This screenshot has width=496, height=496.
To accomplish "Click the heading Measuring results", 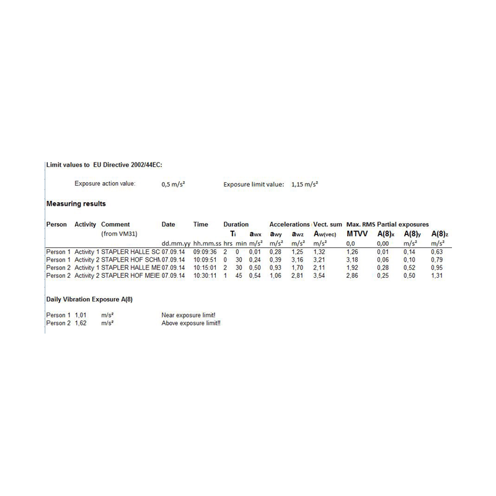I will pyautogui.click(x=76, y=203).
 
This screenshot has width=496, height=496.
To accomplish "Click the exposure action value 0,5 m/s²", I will pyautogui.click(x=175, y=184).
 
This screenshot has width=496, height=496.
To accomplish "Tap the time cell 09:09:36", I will pyautogui.click(x=205, y=252).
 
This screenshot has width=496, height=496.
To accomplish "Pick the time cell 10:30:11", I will pyautogui.click(x=205, y=275).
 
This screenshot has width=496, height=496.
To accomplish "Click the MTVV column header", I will pyautogui.click(x=357, y=234).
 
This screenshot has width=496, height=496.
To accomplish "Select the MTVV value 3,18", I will pyautogui.click(x=352, y=260).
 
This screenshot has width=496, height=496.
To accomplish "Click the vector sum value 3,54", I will pyautogui.click(x=319, y=275).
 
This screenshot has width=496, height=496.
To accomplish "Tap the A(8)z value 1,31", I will pyautogui.click(x=438, y=275).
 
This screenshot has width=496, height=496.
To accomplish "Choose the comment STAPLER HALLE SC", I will pyautogui.click(x=130, y=252).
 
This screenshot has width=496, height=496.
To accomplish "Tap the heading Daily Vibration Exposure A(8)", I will pyautogui.click(x=89, y=299).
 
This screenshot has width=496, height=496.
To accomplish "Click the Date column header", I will pyautogui.click(x=169, y=224).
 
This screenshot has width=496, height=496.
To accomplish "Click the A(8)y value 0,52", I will pyautogui.click(x=410, y=267).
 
